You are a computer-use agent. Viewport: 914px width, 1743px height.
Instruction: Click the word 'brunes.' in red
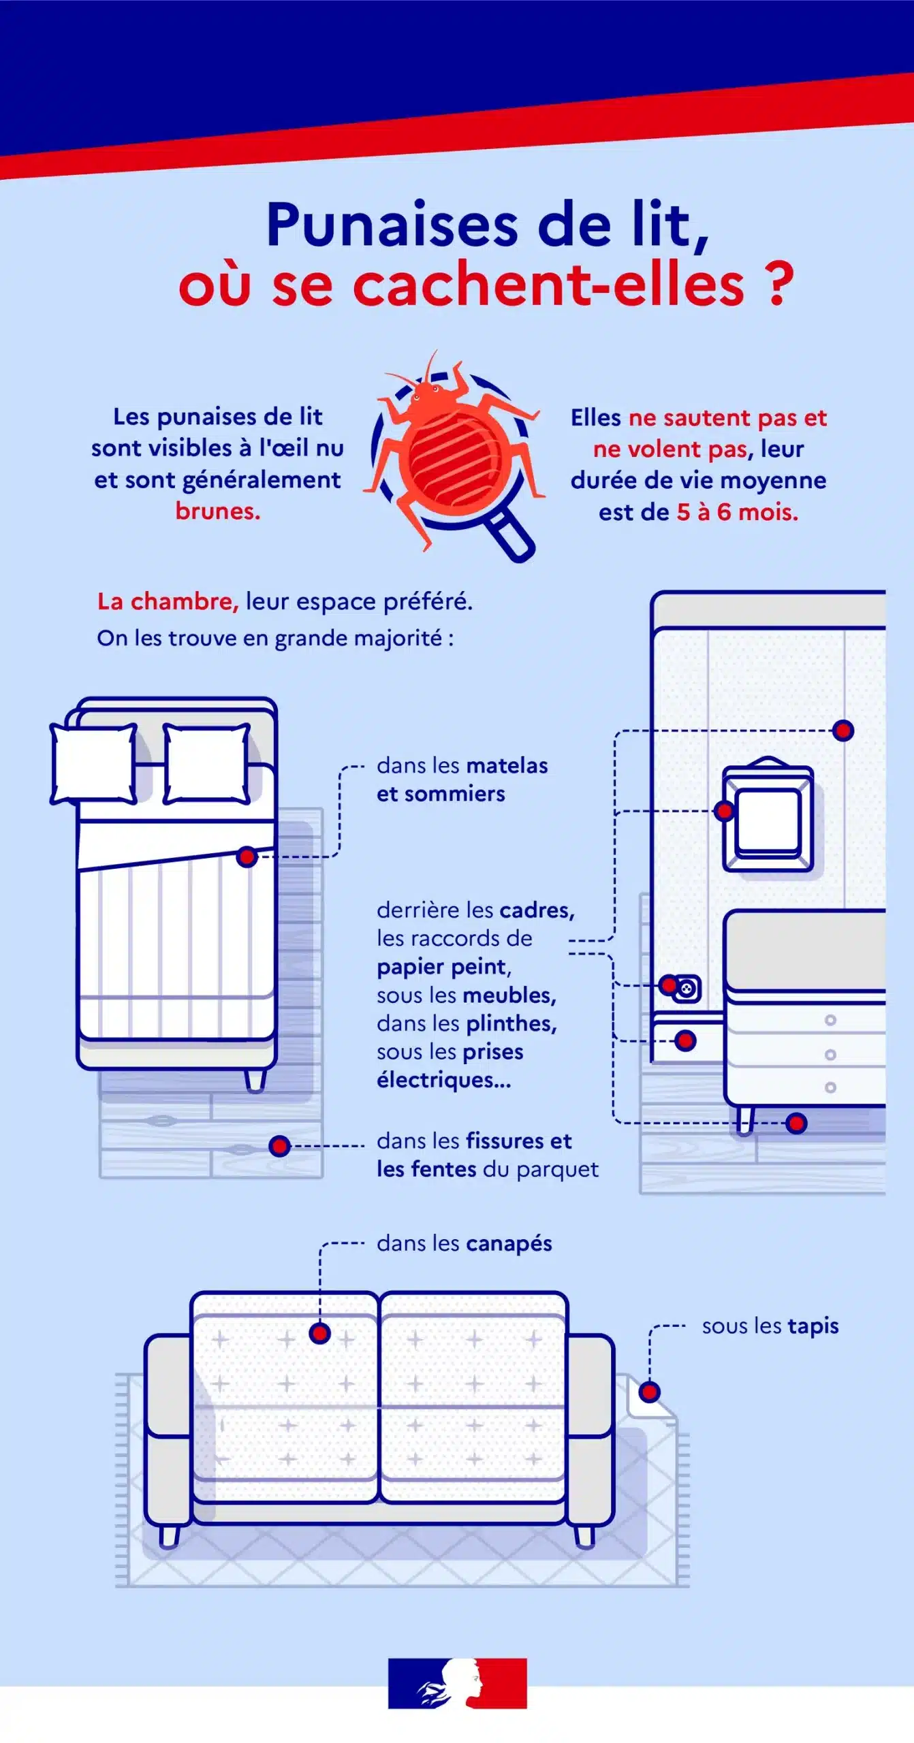[218, 511]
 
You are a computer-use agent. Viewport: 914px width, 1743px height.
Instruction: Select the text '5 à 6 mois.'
[738, 512]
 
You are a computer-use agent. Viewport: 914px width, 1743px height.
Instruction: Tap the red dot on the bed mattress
[247, 857]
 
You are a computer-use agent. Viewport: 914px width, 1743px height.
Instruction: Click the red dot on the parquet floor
[279, 1146]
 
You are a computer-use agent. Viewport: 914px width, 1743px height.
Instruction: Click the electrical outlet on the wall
[687, 987]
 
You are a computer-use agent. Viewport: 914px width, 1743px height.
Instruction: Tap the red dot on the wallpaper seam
[843, 731]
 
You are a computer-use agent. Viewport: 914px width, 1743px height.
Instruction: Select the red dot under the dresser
[796, 1123]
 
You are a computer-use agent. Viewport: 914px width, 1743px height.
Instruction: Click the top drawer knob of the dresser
[830, 1020]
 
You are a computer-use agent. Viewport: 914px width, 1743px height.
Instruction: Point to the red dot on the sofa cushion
[319, 1333]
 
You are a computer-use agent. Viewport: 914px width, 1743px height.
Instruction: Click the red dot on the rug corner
[650, 1392]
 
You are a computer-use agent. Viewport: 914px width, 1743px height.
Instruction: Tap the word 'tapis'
[813, 1326]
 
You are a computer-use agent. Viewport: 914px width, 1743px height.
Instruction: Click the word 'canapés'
[509, 1243]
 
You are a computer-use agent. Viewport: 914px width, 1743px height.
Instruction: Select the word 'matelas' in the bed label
[507, 765]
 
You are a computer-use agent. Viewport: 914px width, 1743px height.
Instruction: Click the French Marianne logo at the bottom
[458, 1683]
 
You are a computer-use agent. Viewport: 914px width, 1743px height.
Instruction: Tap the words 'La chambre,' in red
[168, 601]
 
